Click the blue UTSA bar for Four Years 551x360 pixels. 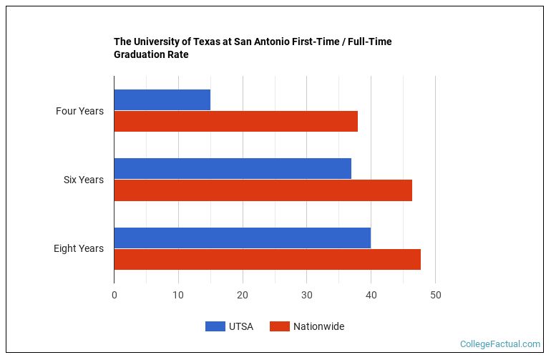point(162,99)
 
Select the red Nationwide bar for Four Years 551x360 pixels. point(235,122)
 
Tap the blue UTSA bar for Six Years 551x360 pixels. point(233,168)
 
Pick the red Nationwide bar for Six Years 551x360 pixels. point(263,190)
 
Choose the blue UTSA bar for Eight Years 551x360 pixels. point(242,238)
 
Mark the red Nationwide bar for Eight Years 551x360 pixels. point(267,259)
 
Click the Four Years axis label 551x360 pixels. point(79,111)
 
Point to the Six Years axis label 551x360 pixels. point(84,180)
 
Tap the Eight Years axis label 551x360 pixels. point(79,248)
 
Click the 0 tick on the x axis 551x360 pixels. point(114,295)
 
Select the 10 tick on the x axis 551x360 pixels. point(178,295)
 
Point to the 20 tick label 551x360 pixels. point(243,295)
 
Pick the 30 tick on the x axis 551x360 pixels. point(307,295)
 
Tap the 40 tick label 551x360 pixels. point(371,295)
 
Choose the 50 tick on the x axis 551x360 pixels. point(435,295)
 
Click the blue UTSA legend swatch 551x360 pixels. point(215,326)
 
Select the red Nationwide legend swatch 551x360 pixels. point(279,326)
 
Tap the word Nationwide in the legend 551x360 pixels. point(318,326)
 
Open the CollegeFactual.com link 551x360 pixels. point(500,344)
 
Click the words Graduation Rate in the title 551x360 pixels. point(151,54)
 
